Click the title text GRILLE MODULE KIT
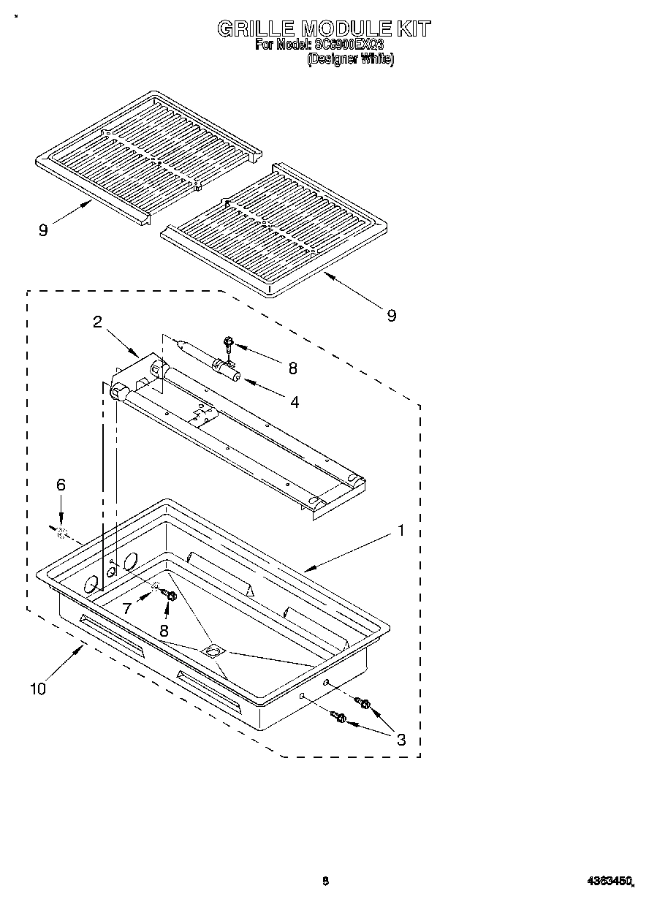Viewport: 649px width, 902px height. click(x=324, y=29)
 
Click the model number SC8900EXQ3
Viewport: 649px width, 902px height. click(x=349, y=45)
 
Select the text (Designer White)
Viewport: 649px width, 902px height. click(x=350, y=60)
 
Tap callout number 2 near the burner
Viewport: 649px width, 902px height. click(x=97, y=322)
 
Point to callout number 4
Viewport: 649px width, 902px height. click(x=294, y=401)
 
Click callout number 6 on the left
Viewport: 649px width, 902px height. click(x=61, y=484)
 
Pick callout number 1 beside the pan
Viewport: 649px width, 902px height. click(x=400, y=531)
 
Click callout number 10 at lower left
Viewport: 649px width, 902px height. click(x=37, y=689)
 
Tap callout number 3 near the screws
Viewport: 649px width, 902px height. click(x=401, y=738)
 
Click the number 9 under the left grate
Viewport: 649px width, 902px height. click(x=43, y=230)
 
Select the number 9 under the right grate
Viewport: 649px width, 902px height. click(x=392, y=315)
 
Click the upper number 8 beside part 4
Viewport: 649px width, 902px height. click(x=292, y=368)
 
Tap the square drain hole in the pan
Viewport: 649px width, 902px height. click(x=213, y=650)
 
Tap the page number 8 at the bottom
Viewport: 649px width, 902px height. click(x=326, y=882)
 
